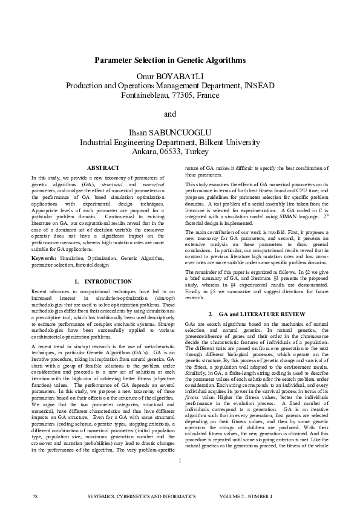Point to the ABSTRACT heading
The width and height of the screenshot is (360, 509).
(x=103, y=167)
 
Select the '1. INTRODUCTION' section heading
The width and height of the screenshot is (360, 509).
(x=103, y=282)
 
